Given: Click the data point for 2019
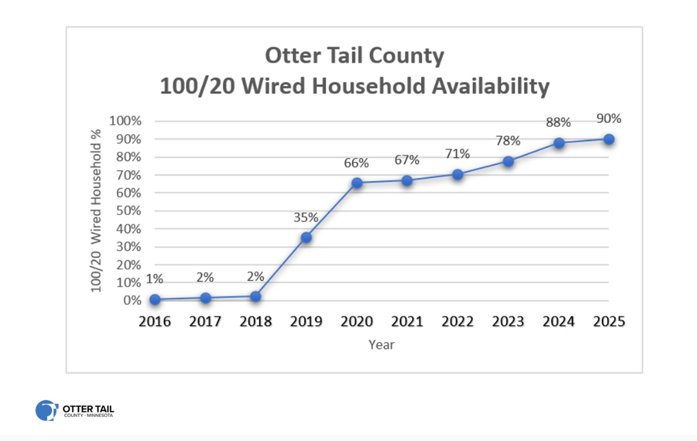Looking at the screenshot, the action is [306, 238].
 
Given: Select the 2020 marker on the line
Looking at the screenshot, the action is [356, 183].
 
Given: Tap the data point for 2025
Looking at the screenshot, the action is [609, 140].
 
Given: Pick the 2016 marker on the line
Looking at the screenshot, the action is [155, 300].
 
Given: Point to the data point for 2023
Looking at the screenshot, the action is [508, 161].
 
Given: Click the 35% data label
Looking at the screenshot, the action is [306, 218].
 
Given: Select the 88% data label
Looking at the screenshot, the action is [558, 122].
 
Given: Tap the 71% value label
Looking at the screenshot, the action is [457, 154].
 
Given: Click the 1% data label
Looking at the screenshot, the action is [154, 278].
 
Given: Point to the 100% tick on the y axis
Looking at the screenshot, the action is [126, 121].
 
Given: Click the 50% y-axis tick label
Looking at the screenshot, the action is [128, 210].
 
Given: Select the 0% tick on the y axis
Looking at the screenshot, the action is [132, 300].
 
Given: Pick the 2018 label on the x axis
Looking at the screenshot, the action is [256, 321].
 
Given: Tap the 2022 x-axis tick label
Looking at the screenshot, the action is [457, 321].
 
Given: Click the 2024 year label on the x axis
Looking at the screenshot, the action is [558, 321].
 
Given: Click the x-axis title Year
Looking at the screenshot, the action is [382, 345].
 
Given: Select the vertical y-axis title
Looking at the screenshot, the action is [96, 210].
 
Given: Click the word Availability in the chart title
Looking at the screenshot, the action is [491, 85].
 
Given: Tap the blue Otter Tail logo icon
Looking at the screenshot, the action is [47, 411].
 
